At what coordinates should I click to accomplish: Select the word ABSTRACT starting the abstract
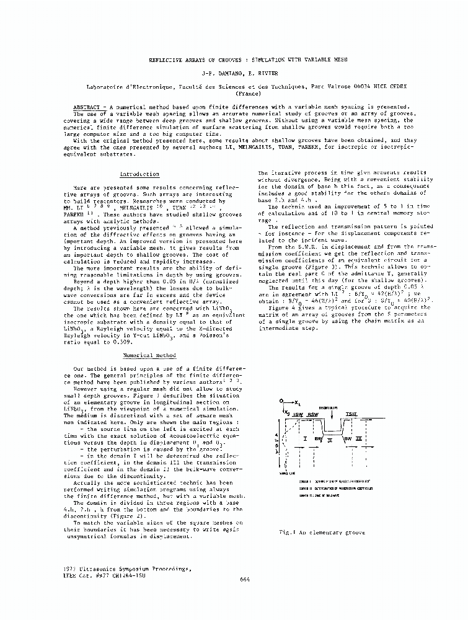pos(86,107)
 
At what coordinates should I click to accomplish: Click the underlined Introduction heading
pos(139,174)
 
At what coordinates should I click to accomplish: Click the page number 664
pos(244,579)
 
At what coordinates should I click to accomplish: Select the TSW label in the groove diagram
pos(351,414)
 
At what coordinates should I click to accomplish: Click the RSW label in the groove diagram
pos(312,414)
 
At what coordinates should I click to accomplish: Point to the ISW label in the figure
pos(298,414)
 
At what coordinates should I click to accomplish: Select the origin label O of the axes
pos(280,401)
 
